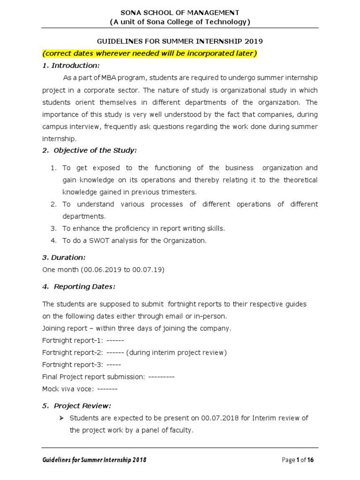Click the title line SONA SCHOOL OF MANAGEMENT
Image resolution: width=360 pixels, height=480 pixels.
(180, 12)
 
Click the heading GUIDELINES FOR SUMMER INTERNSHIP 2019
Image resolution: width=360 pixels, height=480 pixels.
(180, 41)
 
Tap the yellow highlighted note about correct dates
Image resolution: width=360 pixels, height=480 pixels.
(150, 53)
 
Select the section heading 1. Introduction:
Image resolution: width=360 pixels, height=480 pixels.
(71, 65)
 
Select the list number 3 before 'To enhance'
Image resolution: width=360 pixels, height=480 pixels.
(53, 228)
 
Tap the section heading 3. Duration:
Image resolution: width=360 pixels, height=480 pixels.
(64, 257)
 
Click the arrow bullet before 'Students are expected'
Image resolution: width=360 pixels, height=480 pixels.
(62, 418)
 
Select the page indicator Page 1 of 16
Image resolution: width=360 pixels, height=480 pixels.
(298, 460)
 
